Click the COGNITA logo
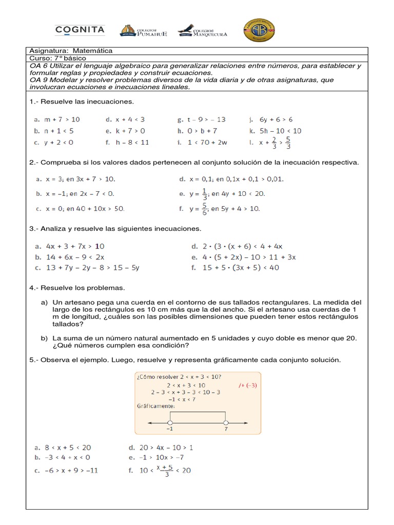(80, 30)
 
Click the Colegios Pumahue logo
(143, 31)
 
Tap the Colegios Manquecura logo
(202, 31)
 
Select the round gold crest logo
(259, 31)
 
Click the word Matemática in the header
(92, 51)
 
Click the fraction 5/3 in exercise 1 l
(289, 142)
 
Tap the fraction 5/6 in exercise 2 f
(205, 209)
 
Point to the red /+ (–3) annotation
(250, 385)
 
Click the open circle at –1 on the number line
(170, 422)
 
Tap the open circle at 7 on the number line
(226, 422)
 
